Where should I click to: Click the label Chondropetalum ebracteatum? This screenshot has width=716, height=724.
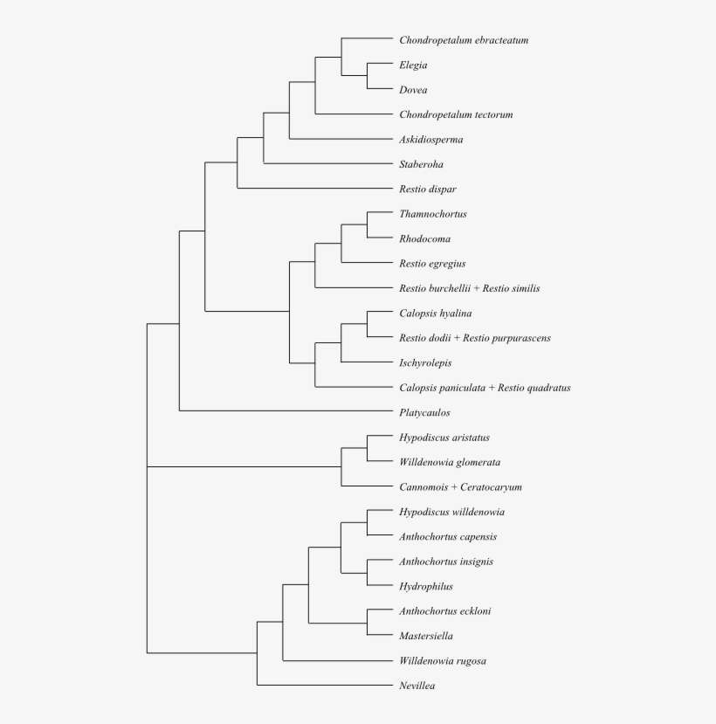click(x=464, y=40)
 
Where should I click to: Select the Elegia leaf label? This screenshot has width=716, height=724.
click(x=413, y=65)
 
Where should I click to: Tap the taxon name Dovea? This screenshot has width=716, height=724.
click(x=413, y=90)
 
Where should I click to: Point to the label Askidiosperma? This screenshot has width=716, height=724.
click(x=431, y=140)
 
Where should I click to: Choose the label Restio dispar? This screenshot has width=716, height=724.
click(x=428, y=190)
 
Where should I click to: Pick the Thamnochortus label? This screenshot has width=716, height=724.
click(x=433, y=214)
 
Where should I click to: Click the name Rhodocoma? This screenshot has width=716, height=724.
click(x=425, y=239)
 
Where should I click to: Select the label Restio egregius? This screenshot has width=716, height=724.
click(x=432, y=264)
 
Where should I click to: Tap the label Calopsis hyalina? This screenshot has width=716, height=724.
click(x=436, y=314)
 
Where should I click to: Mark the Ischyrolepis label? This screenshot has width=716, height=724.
click(x=425, y=363)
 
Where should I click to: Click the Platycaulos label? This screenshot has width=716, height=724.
click(x=424, y=413)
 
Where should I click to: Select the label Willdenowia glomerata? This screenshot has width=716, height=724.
click(x=450, y=462)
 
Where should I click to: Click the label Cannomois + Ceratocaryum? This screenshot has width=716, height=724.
click(x=460, y=487)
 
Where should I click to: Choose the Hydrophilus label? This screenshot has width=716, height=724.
click(x=426, y=587)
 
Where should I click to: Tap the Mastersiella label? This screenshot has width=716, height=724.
click(x=426, y=637)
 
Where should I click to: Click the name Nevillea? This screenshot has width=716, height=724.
click(x=417, y=686)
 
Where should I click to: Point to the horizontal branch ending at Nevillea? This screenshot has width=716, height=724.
click(x=324, y=685)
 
